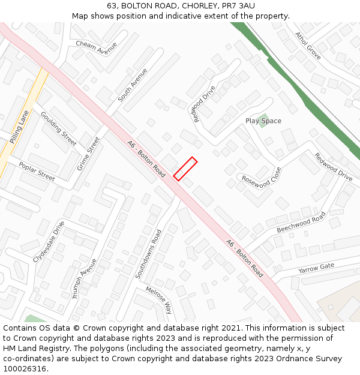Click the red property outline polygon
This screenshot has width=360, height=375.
click(x=185, y=169)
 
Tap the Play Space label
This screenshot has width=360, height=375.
click(x=263, y=121)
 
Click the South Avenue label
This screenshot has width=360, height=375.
click(x=133, y=85)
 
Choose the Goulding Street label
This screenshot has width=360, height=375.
click(x=58, y=128)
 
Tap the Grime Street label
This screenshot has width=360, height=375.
click(x=89, y=153)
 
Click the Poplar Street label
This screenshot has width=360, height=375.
click(x=37, y=172)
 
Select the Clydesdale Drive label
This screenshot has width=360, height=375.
click(x=49, y=241)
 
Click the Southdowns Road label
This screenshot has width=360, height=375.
click(x=148, y=254)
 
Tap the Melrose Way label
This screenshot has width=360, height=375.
click(x=160, y=300)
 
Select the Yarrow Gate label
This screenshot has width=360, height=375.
click(x=316, y=267)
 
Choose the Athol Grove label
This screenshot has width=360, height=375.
click(x=308, y=46)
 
